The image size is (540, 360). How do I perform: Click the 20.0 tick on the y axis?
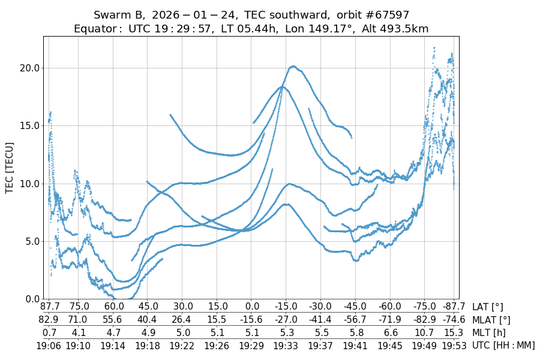[x=29, y=68]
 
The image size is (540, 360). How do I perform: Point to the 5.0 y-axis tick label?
[x=29, y=241]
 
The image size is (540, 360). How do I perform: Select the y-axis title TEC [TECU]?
[x=10, y=167]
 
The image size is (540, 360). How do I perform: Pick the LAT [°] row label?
[x=488, y=307]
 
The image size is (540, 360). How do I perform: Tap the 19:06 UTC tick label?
[x=49, y=346]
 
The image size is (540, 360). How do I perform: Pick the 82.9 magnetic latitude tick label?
[x=49, y=320]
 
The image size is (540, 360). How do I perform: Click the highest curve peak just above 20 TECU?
[x=293, y=66]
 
